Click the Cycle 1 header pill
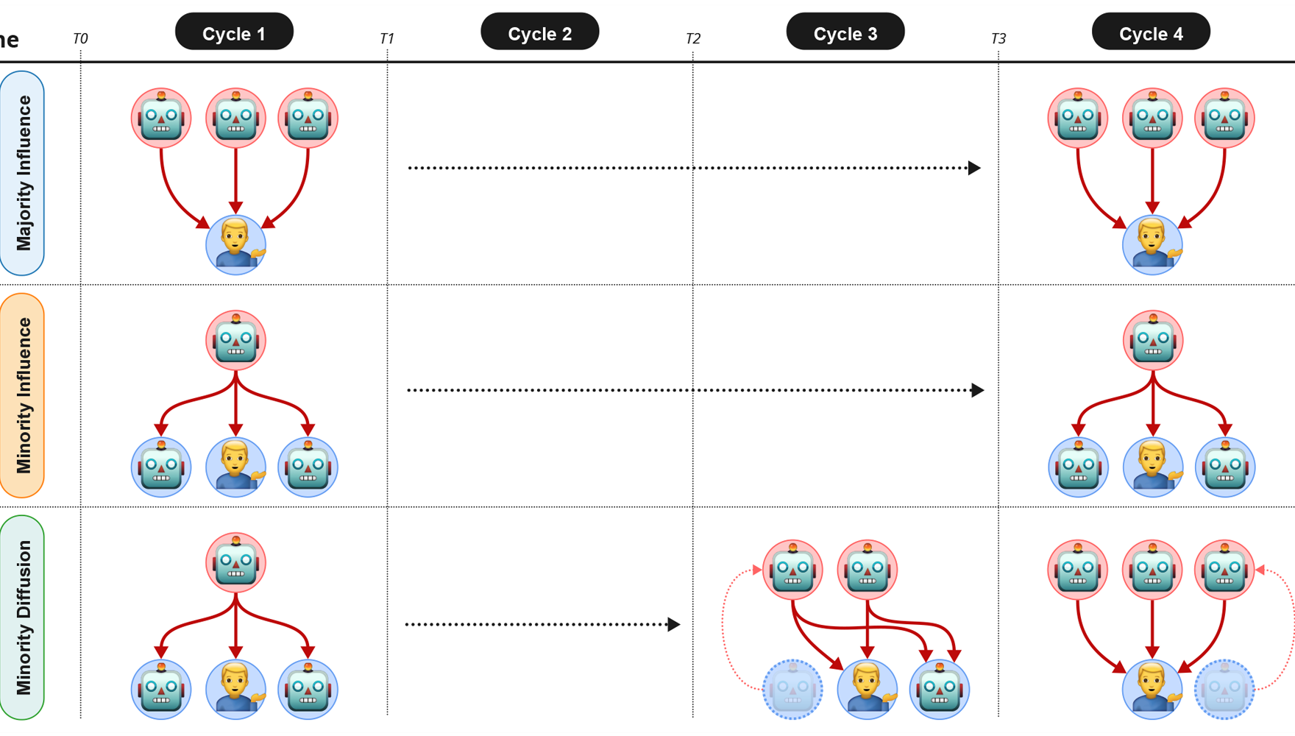[x=234, y=32]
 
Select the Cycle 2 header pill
[x=539, y=32]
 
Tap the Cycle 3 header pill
[x=845, y=32]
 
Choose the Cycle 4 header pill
[x=1151, y=32]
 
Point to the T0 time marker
[x=80, y=38]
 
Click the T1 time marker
[x=387, y=38]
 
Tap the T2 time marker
[x=693, y=38]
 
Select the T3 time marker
[x=998, y=38]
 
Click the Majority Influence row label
[x=23, y=173]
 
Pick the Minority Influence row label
[x=23, y=395]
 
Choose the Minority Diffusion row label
[x=23, y=618]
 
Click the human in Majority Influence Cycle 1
[x=235, y=244]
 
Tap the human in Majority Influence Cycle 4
[x=1152, y=244]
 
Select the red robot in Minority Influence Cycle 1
[x=235, y=340]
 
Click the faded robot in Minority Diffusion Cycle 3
[x=792, y=689]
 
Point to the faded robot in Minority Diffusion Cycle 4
[x=1224, y=689]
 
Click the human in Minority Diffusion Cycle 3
[x=867, y=689]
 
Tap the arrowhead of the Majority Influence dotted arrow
[x=974, y=168]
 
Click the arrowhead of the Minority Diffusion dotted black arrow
[x=673, y=624]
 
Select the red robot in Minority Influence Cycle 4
[x=1153, y=340]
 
